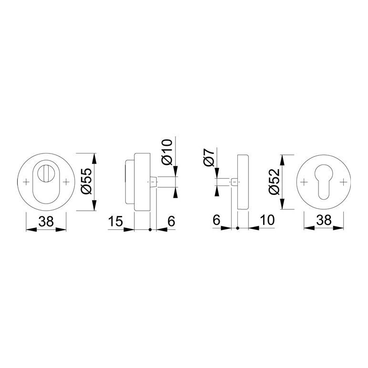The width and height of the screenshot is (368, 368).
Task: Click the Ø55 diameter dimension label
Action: [x=86, y=181]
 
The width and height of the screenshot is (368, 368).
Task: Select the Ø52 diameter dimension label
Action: [x=275, y=182]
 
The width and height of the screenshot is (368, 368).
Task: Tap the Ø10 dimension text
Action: [x=167, y=152]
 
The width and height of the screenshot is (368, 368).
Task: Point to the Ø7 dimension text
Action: [x=209, y=157]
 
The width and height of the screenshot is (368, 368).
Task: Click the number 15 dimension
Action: [x=115, y=221]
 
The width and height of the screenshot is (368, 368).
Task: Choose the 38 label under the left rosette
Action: [x=46, y=221]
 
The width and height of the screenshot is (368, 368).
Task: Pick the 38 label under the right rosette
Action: [x=324, y=220]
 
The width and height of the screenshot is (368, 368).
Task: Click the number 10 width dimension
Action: [x=267, y=220]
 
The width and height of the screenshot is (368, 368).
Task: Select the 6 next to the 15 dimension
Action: [x=172, y=221]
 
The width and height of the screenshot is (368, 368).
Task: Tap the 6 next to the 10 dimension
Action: [x=216, y=220]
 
